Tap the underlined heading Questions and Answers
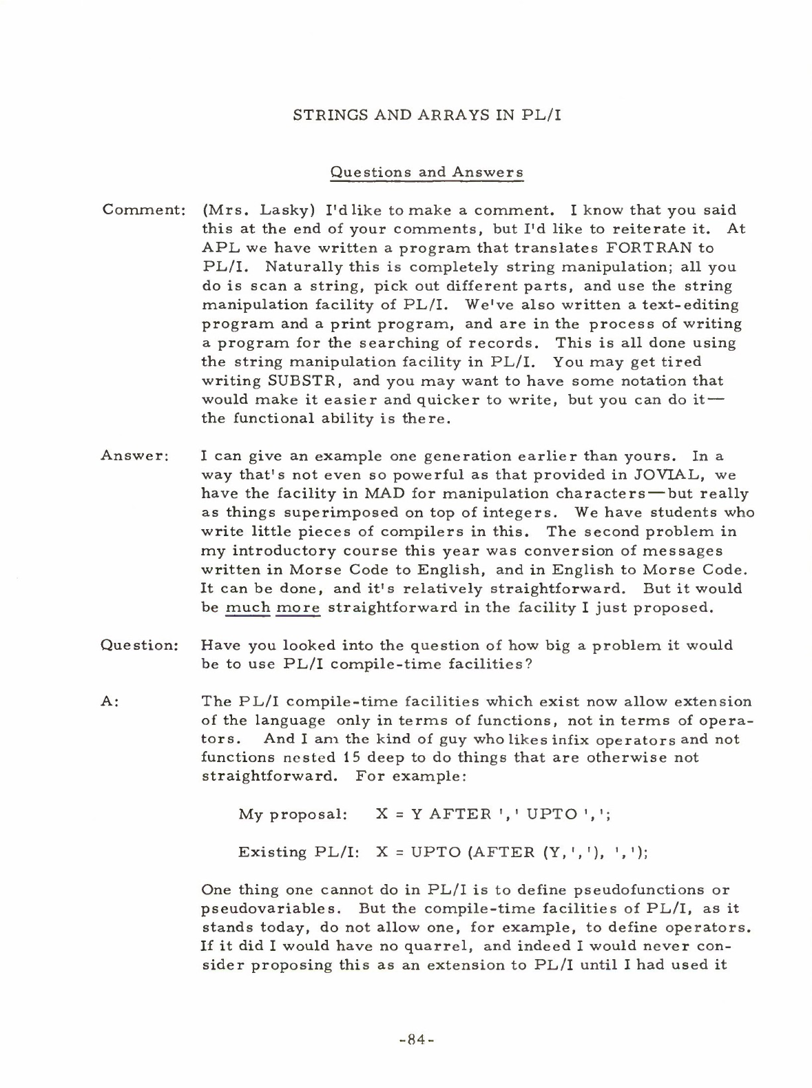point(427,172)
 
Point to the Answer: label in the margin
point(135,455)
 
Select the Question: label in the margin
point(140,646)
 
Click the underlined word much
point(247,608)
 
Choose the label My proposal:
point(292,814)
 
